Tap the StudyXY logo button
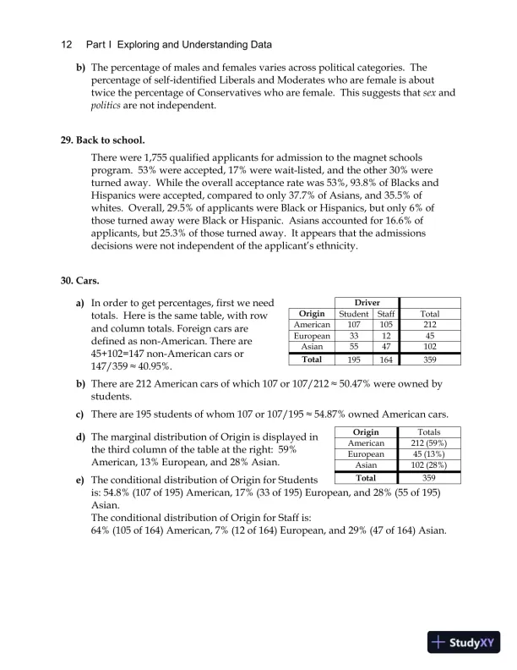[x=464, y=643]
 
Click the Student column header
[x=353, y=314]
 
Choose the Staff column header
[x=384, y=314]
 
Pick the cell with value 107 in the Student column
[x=353, y=324]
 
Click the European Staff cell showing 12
[x=384, y=335]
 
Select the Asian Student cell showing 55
[x=353, y=346]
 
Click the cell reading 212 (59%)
[x=428, y=442]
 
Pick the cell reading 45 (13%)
[x=428, y=453]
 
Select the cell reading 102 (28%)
[x=428, y=464]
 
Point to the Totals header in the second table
[x=428, y=431]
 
